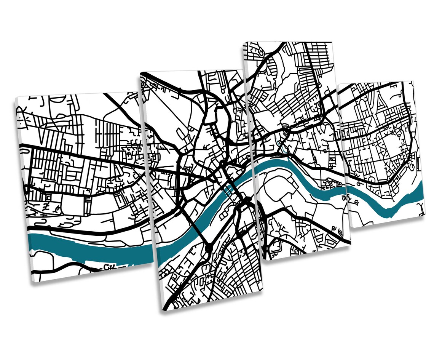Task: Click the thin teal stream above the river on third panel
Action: pyautogui.click(x=282, y=147)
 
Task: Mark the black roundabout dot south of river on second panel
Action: pyautogui.click(x=208, y=248)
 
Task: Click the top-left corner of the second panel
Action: pyautogui.click(x=140, y=72)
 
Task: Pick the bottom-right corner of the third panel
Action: pyautogui.click(x=350, y=244)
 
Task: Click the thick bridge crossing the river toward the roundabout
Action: pyautogui.click(x=198, y=229)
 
